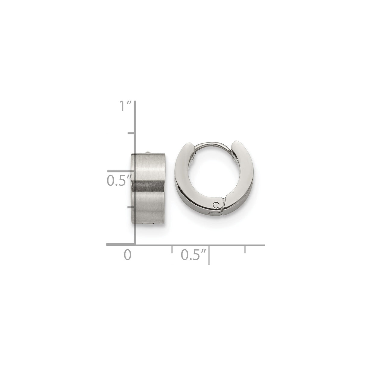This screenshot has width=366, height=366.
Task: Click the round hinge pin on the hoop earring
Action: tap(216, 205)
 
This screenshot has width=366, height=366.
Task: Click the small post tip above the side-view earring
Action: tap(148, 153)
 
